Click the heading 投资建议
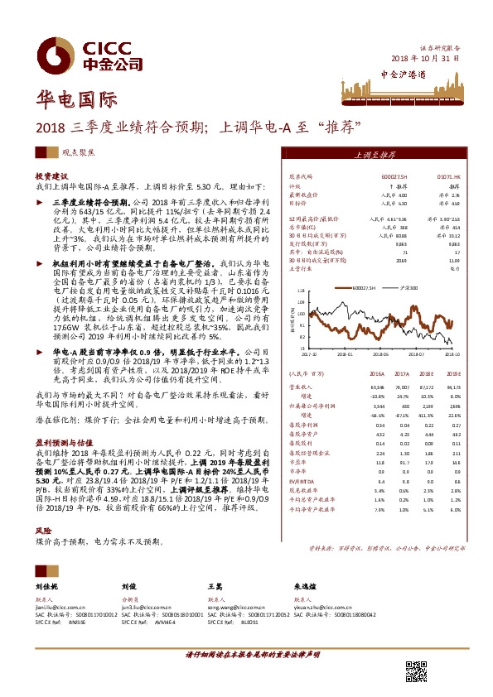click(x=50, y=176)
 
